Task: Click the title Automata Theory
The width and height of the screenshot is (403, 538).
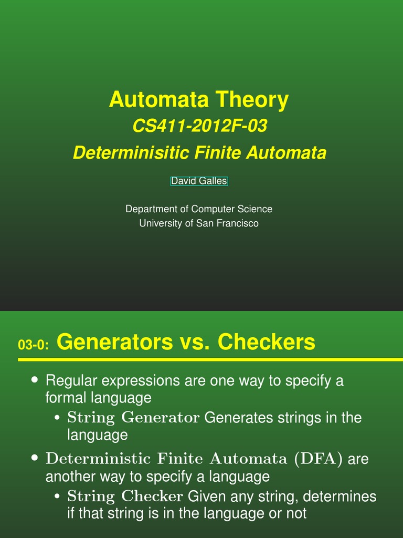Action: click(198, 100)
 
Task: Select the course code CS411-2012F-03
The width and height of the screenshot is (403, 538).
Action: click(199, 127)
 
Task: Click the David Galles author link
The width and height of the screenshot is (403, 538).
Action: click(199, 181)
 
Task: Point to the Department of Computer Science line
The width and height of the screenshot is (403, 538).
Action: click(198, 209)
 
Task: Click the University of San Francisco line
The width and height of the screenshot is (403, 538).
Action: click(198, 223)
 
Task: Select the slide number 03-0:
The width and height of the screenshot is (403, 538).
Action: click(33, 345)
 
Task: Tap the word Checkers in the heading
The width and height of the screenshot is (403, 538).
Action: click(267, 343)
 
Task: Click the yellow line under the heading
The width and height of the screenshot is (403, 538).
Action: click(210, 360)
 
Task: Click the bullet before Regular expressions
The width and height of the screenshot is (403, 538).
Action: click(35, 379)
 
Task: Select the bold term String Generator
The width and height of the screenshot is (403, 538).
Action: click(133, 418)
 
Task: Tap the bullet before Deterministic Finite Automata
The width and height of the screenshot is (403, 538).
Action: click(35, 458)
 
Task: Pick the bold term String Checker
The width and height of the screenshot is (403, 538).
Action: click(125, 496)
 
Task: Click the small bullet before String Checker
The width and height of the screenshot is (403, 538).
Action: click(57, 496)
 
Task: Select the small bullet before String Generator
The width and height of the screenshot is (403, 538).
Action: click(57, 418)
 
